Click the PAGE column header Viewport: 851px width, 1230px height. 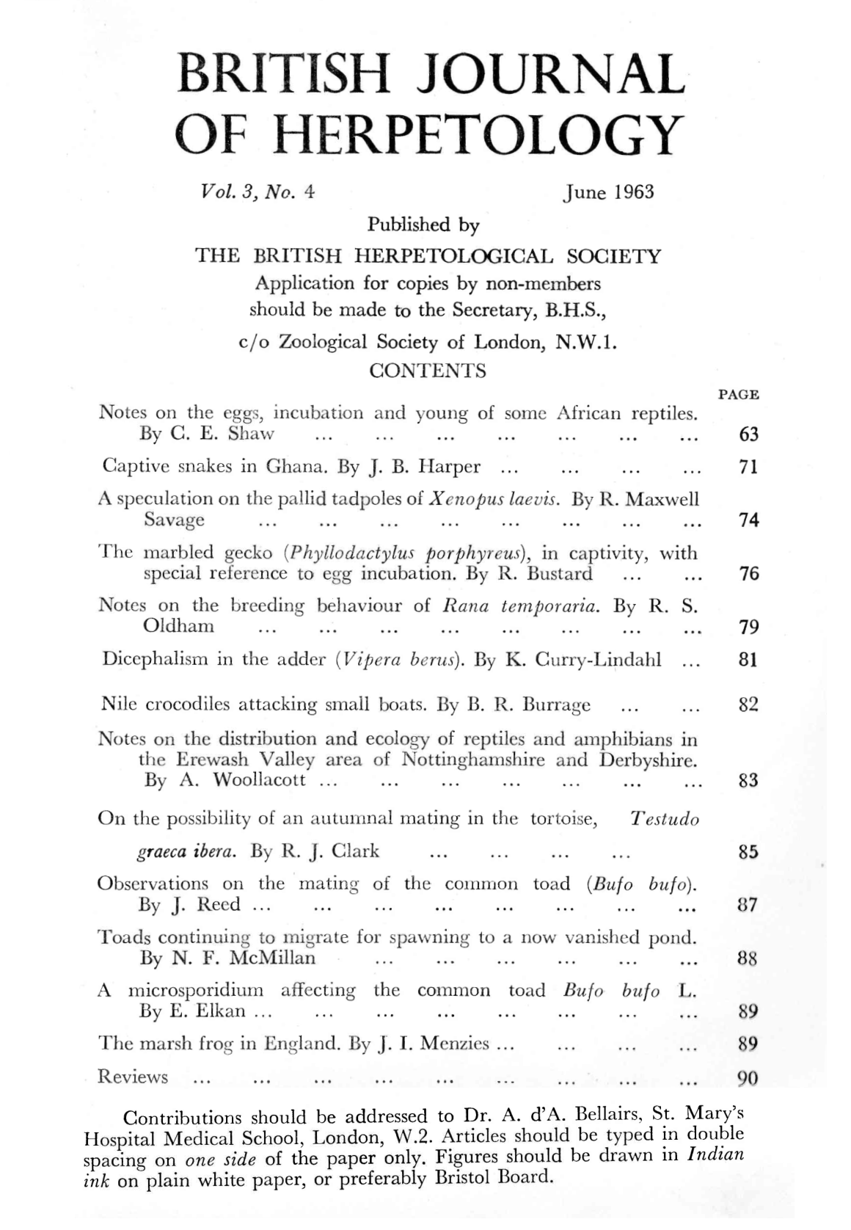[738, 395]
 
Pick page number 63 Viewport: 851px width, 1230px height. [748, 434]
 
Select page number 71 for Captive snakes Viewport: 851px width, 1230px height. [748, 467]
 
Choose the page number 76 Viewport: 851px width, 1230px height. [748, 574]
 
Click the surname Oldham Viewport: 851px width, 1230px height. [179, 627]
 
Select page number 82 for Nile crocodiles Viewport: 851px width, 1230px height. [748, 705]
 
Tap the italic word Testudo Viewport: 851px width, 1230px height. [665, 819]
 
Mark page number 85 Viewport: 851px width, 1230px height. [748, 852]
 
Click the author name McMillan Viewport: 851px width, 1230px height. [273, 958]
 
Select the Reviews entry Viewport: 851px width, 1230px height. [133, 1077]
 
